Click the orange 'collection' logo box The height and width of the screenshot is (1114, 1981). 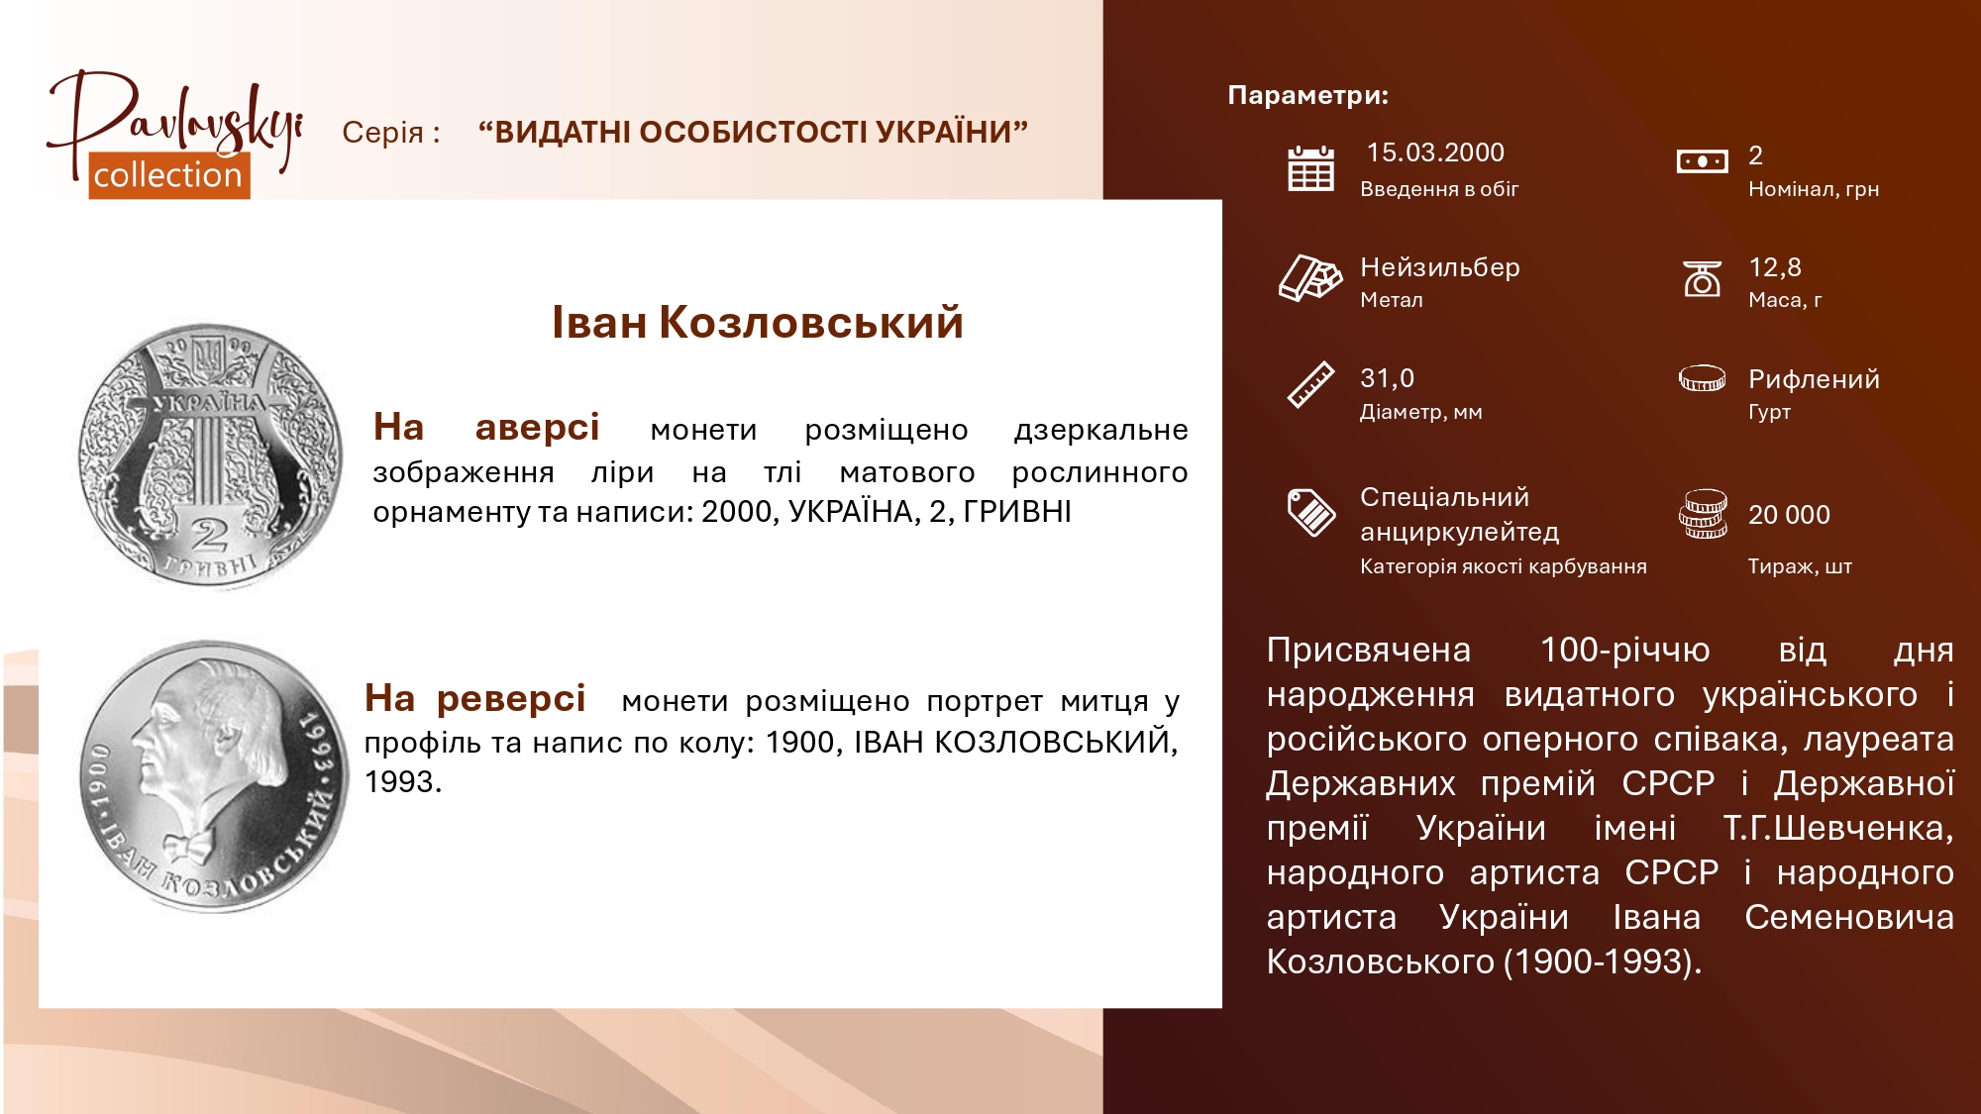[x=169, y=175]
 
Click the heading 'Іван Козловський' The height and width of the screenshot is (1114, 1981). [x=758, y=323]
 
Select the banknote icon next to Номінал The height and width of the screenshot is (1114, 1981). [x=1702, y=161]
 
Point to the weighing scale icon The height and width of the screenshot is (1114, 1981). [x=1702, y=278]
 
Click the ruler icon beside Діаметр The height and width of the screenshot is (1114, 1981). [x=1310, y=384]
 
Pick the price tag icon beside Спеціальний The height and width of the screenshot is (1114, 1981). [x=1310, y=512]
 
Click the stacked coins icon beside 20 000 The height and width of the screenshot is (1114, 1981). [x=1703, y=514]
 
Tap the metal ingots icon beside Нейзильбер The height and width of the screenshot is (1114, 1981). [x=1309, y=277]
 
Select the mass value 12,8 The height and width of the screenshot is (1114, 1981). [x=1775, y=267]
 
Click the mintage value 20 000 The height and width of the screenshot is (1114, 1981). [x=1789, y=515]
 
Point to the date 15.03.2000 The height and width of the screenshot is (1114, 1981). [x=1435, y=152]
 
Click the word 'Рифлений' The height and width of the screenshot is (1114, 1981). [x=1814, y=379]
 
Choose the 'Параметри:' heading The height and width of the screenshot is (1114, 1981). [x=1308, y=95]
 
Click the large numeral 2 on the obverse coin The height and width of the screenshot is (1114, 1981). [x=209, y=536]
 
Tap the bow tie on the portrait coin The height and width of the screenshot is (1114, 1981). [x=189, y=847]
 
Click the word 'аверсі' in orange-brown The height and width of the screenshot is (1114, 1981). [x=537, y=427]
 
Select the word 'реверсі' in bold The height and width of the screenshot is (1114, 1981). [x=511, y=698]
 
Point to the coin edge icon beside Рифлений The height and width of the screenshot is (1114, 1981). [x=1703, y=378]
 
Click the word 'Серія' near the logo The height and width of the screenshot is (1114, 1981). [x=382, y=133]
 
